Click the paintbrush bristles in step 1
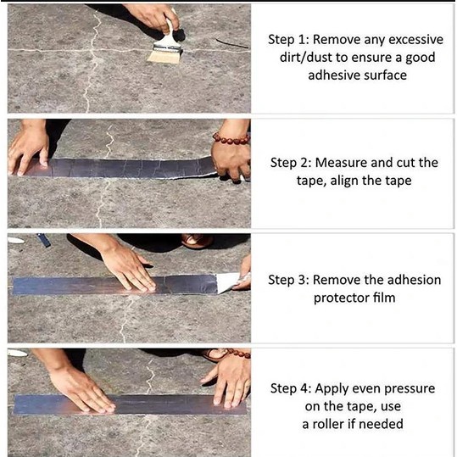tap(164, 57)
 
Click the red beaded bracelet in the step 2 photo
tap(231, 139)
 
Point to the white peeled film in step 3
tap(229, 281)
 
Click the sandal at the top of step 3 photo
tap(197, 241)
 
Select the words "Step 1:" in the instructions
tap(288, 40)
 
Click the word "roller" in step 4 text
tap(329, 424)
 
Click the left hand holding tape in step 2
tap(28, 148)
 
